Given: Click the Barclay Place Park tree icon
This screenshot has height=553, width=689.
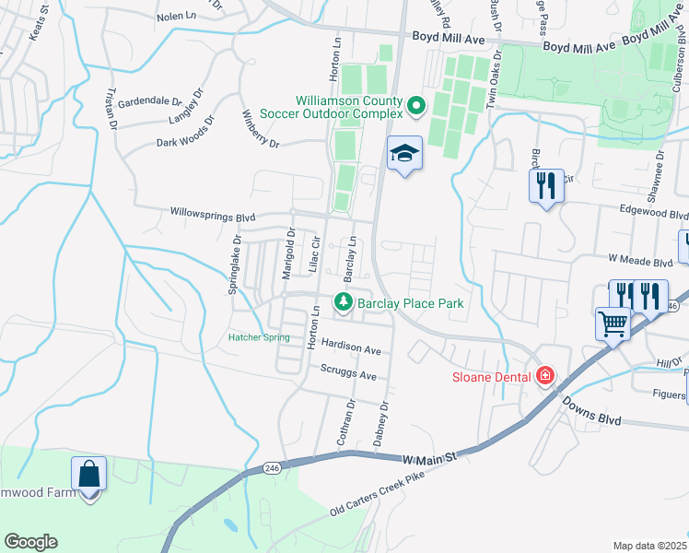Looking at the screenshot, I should pos(344,301).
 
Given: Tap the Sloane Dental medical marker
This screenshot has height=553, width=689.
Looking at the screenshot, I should pos(545,375).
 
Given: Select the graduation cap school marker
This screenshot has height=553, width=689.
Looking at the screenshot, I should pos(403,154).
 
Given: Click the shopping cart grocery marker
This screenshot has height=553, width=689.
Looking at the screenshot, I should pos(612,324).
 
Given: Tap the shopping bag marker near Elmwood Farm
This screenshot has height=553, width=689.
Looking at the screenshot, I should pos(89,474).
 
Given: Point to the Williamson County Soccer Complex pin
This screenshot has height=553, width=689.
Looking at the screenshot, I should pos(415,107).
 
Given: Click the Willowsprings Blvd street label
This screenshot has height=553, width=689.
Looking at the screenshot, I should pos(213,215).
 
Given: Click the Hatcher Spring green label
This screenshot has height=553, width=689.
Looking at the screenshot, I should pos(259,337).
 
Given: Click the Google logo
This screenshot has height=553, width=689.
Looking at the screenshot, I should pos(30,542).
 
